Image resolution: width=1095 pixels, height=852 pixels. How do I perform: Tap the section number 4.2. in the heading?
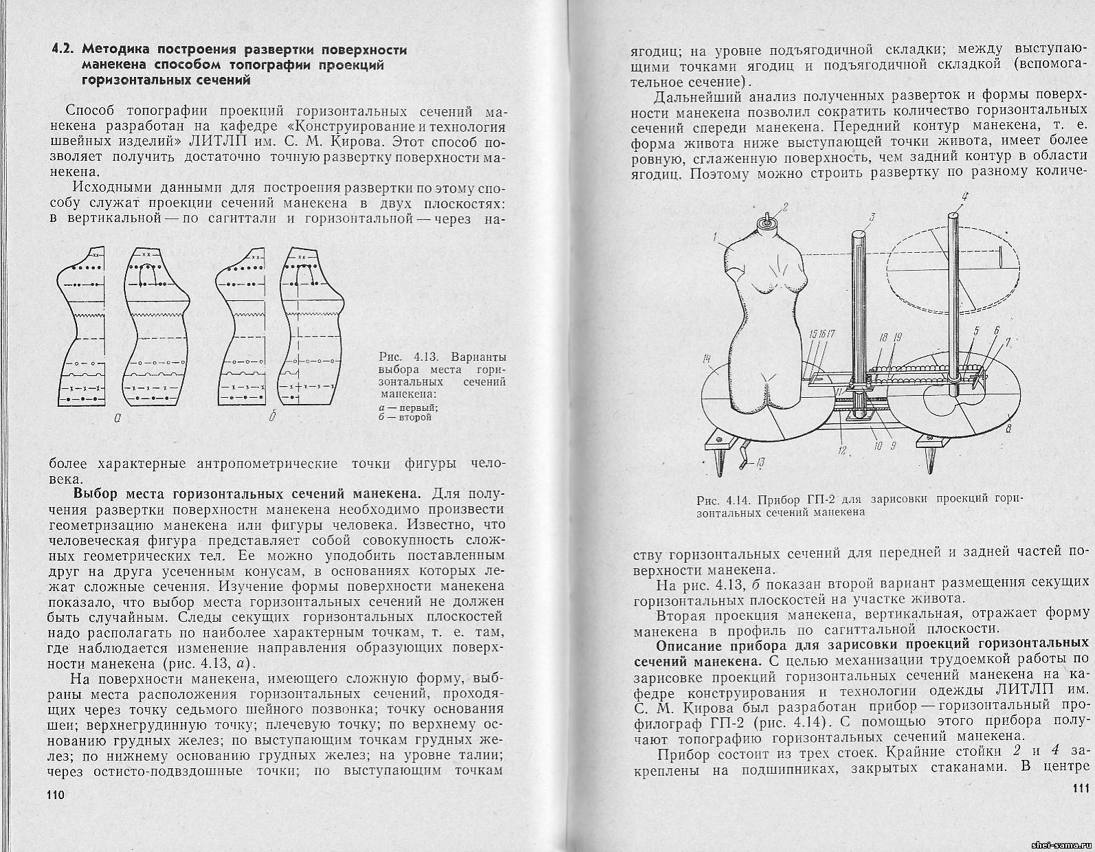[x=66, y=50]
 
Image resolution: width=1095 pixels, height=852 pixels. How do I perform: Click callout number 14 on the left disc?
[x=707, y=357]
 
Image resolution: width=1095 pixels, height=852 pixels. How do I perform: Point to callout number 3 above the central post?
[x=871, y=218]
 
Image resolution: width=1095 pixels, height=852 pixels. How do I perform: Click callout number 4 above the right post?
[x=964, y=197]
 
